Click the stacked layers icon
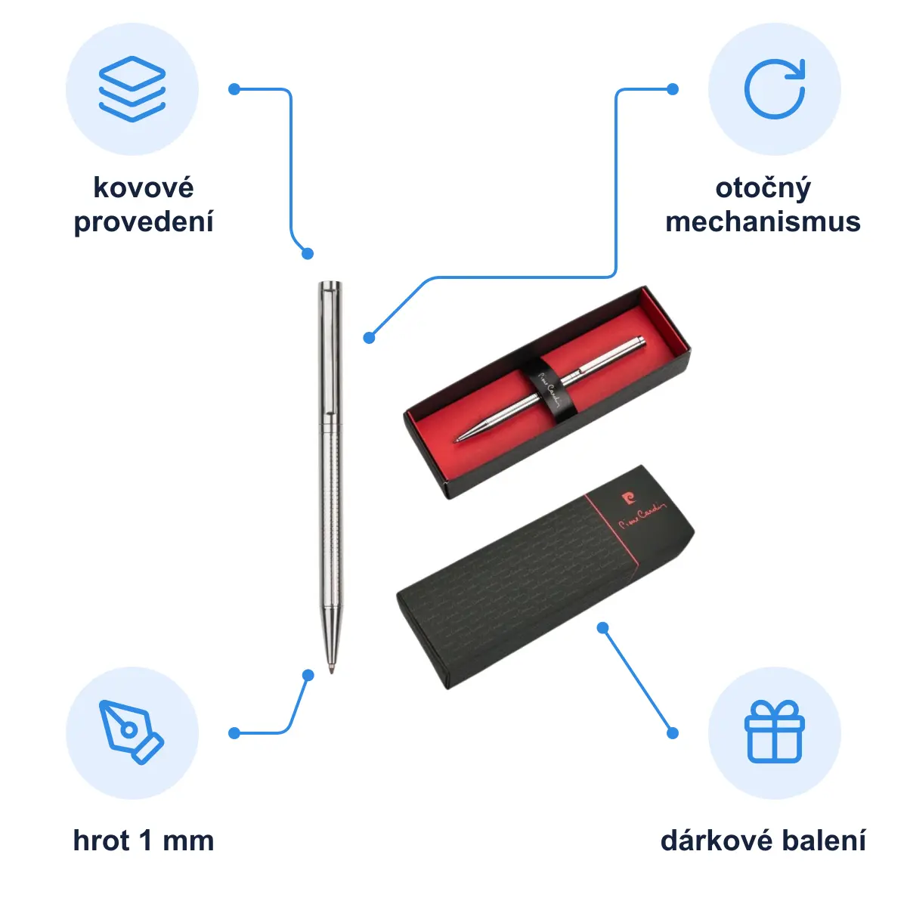(132, 89)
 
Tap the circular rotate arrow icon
(774, 89)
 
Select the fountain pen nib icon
(131, 732)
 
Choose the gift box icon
(774, 732)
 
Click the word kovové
(144, 187)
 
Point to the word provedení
(144, 223)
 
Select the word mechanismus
(763, 221)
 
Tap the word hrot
(101, 840)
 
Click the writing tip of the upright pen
(331, 670)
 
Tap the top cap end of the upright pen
(330, 283)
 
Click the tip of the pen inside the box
(457, 440)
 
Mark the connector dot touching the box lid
(603, 627)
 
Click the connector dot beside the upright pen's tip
(308, 676)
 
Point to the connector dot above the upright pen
(308, 254)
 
